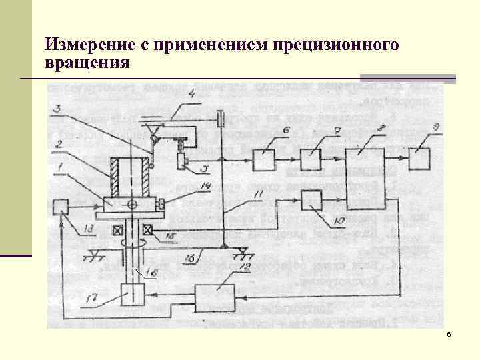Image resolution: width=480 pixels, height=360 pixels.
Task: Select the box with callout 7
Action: [x=311, y=160]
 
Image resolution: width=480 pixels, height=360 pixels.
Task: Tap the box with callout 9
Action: [x=419, y=160]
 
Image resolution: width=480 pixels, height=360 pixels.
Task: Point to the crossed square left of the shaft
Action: [x=117, y=231]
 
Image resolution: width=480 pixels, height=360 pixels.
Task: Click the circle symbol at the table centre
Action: [x=133, y=204]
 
